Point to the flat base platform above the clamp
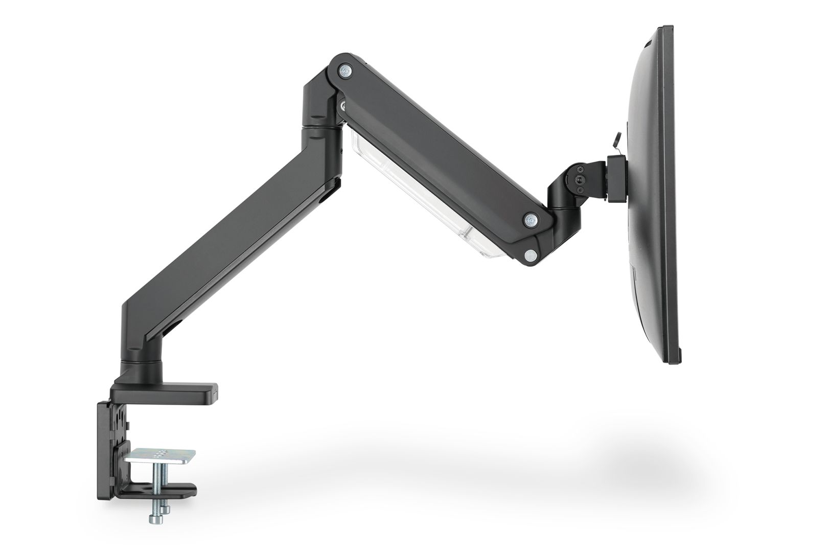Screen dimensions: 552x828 169,392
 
